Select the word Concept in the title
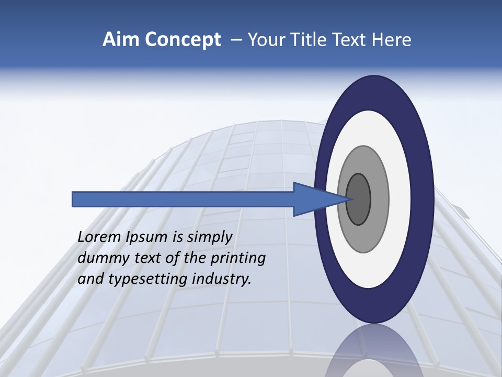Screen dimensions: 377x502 (x=183, y=40)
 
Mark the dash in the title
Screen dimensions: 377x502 (x=236, y=40)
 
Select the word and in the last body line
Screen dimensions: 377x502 (x=90, y=279)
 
